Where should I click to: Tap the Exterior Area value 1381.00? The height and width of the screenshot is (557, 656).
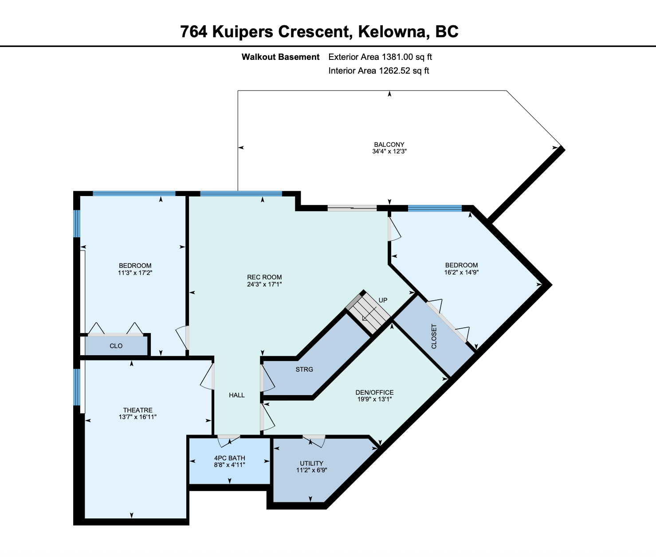pos(397,57)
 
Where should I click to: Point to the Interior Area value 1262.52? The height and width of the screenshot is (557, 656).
pos(394,71)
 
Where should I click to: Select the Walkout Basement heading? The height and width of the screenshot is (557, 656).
pos(281,57)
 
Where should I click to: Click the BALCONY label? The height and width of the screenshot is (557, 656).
pos(389,145)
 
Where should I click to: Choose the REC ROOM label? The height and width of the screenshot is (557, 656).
pos(264,277)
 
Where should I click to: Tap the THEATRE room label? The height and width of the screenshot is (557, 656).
pos(138,410)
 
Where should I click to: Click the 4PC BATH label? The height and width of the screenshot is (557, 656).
pos(229,458)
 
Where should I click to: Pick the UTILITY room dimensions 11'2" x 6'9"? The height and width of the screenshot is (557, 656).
pos(312,470)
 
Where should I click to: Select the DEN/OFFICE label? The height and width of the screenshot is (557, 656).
pos(374,392)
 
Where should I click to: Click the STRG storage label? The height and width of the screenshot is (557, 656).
pos(304,369)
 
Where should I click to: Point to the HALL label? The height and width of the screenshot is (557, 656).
pos(237,395)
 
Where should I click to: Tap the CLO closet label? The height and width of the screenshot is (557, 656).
pos(116,345)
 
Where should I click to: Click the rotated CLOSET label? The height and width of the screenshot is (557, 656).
pos(434,337)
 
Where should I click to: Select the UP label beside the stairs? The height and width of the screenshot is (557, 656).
pos(383,300)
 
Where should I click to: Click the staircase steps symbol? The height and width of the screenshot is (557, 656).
pos(368,313)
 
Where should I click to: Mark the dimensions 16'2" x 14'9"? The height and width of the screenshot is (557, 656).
pos(461,272)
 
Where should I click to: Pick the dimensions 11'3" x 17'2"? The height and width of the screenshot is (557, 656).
pos(135,273)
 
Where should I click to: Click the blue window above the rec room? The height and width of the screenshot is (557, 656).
pos(241,194)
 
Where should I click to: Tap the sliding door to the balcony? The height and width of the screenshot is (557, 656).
pos(352,208)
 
